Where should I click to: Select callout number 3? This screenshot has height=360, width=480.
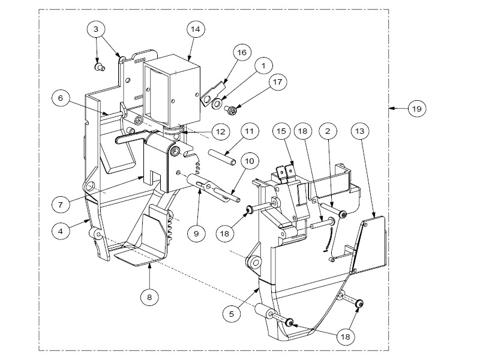coord(96,28)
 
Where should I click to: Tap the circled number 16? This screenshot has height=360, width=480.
coord(241,53)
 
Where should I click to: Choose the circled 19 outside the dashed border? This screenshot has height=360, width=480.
coord(415,109)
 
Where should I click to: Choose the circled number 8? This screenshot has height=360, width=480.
coord(150,296)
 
